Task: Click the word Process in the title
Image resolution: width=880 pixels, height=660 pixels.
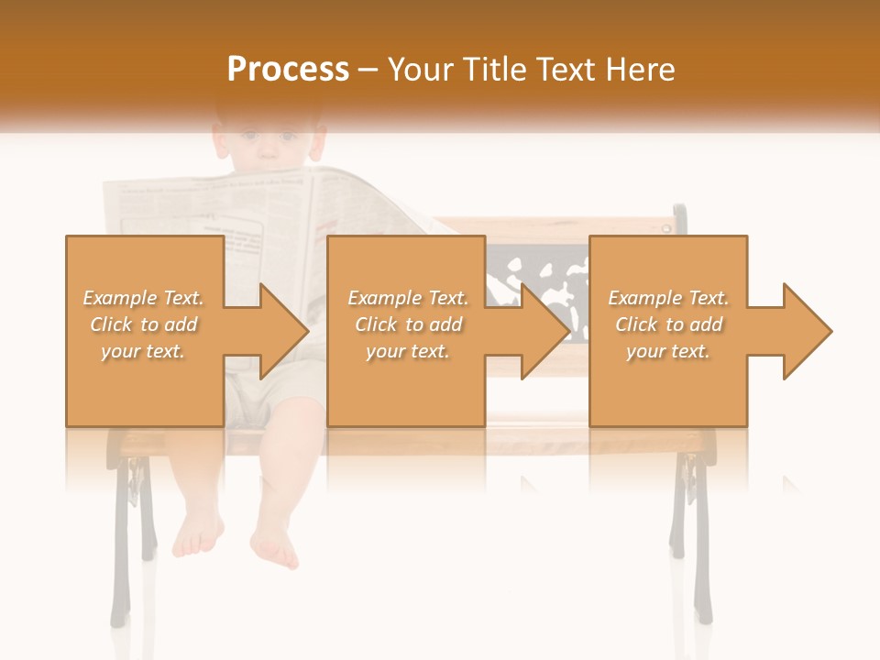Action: pyautogui.click(x=288, y=70)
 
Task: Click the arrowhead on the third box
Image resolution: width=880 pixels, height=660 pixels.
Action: pyautogui.click(x=806, y=331)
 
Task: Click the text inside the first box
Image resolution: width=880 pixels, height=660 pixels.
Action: pyautogui.click(x=144, y=324)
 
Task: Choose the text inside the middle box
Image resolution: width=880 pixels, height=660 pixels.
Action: pyautogui.click(x=407, y=324)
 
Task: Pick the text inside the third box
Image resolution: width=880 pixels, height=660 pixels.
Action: pyautogui.click(x=668, y=324)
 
